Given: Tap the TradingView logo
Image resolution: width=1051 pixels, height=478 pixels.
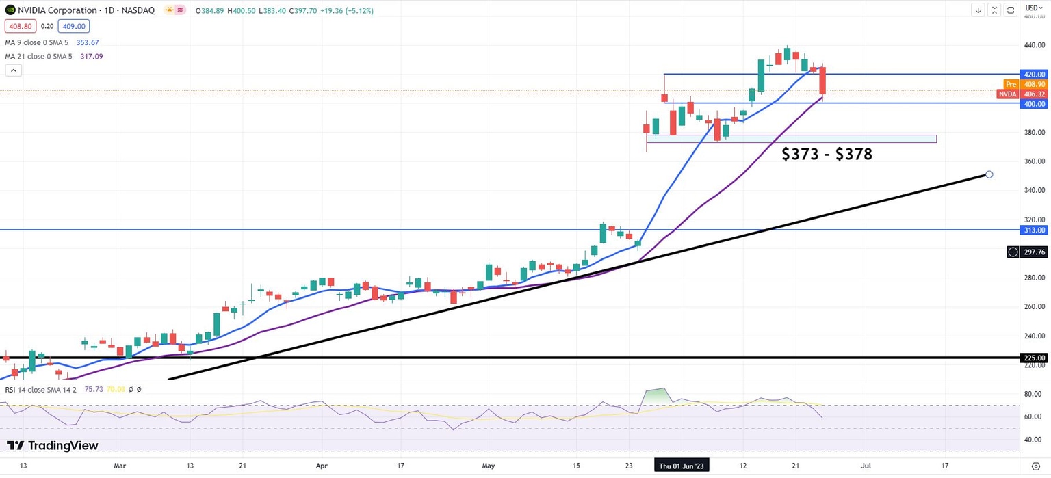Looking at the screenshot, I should (x=53, y=446).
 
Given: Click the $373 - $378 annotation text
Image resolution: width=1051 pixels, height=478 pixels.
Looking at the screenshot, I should (x=827, y=155).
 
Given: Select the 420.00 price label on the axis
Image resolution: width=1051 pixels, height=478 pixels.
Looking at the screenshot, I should (x=1033, y=74).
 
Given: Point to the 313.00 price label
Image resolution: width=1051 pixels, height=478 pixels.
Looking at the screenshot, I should (x=1033, y=230).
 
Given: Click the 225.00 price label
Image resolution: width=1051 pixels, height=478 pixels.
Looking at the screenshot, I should (x=1033, y=358).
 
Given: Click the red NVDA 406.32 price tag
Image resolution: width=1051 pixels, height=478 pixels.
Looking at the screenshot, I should (x=1022, y=94).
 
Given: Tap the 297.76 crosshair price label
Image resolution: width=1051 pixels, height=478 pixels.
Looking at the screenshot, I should (x=1033, y=252).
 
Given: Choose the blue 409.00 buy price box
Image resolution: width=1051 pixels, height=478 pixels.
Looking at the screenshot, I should (x=72, y=26).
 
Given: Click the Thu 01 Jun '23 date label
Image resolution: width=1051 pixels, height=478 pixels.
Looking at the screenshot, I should (x=680, y=466).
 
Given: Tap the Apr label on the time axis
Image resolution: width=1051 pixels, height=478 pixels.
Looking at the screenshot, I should (x=322, y=466).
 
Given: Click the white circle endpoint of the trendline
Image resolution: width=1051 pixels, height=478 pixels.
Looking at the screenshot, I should (x=989, y=174).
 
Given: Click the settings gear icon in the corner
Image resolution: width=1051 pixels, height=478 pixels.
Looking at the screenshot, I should (x=1035, y=466).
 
